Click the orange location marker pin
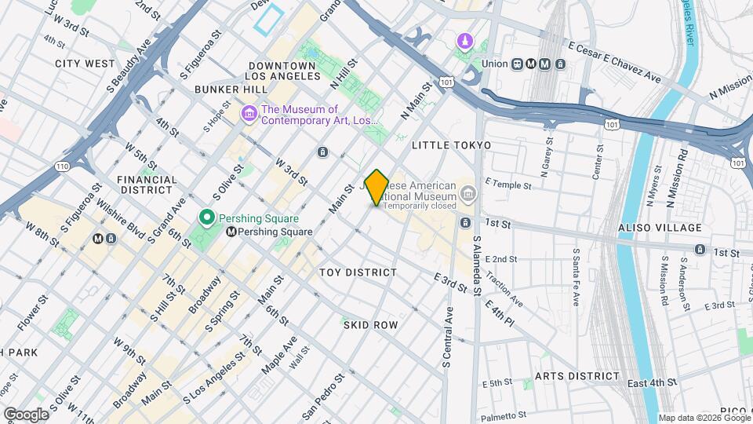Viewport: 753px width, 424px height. click(377, 188)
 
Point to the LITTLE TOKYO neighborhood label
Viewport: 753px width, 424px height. click(451, 145)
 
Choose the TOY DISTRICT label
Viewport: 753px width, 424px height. click(358, 272)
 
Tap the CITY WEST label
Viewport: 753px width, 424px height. click(85, 63)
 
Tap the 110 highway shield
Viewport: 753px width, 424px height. click(62, 166)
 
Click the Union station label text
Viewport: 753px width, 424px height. click(494, 64)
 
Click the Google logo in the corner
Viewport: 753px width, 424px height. click(26, 414)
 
